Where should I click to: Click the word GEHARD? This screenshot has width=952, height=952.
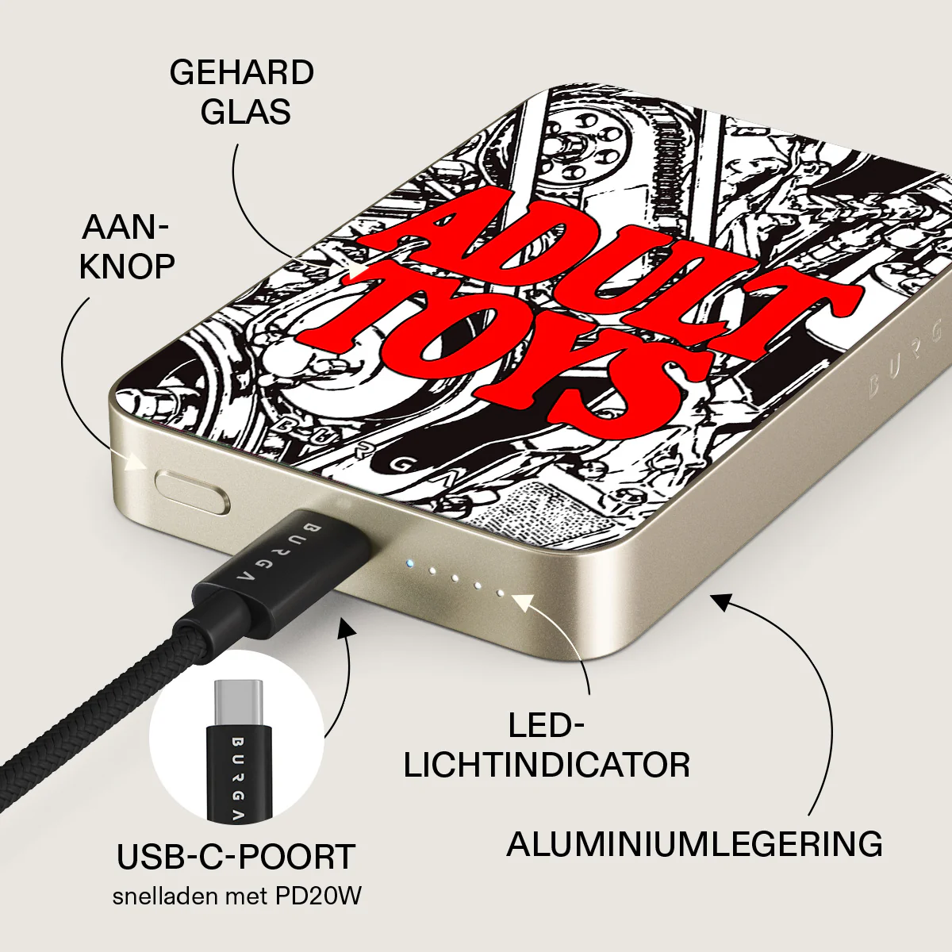[x=242, y=73]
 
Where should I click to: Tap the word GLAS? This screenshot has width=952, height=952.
[x=245, y=112]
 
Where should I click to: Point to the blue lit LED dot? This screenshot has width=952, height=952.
[x=409, y=562]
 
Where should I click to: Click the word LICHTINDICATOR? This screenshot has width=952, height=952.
[x=547, y=766]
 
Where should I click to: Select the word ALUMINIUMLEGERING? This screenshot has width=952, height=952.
[x=695, y=844]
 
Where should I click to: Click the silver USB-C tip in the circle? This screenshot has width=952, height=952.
[x=238, y=703]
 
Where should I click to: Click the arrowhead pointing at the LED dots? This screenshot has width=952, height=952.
[x=524, y=601]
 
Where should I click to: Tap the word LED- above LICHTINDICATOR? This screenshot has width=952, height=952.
[x=546, y=726]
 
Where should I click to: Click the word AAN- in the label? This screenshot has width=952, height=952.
[x=125, y=228]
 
